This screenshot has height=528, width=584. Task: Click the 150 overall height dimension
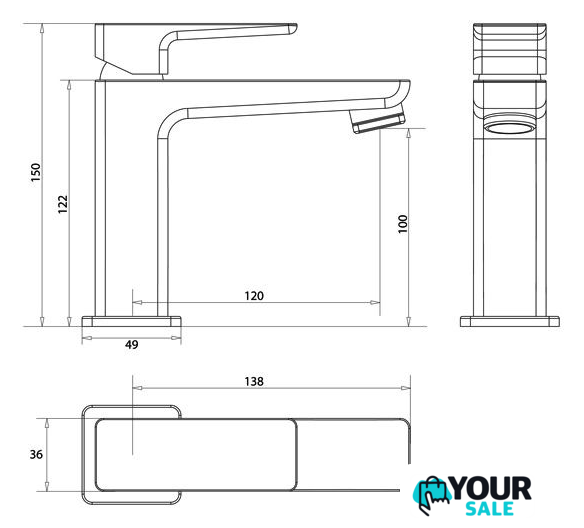(x=36, y=172)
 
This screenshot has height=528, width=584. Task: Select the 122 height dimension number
(x=63, y=204)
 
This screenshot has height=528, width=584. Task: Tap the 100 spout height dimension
(x=403, y=224)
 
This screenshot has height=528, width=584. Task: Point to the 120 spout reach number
(x=254, y=296)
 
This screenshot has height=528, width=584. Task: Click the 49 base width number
(x=131, y=344)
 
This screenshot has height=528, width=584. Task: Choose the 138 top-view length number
(x=254, y=382)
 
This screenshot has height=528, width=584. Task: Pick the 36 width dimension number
(x=36, y=454)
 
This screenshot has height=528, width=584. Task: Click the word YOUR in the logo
(x=492, y=488)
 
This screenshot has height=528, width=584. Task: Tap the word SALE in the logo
(x=490, y=509)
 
